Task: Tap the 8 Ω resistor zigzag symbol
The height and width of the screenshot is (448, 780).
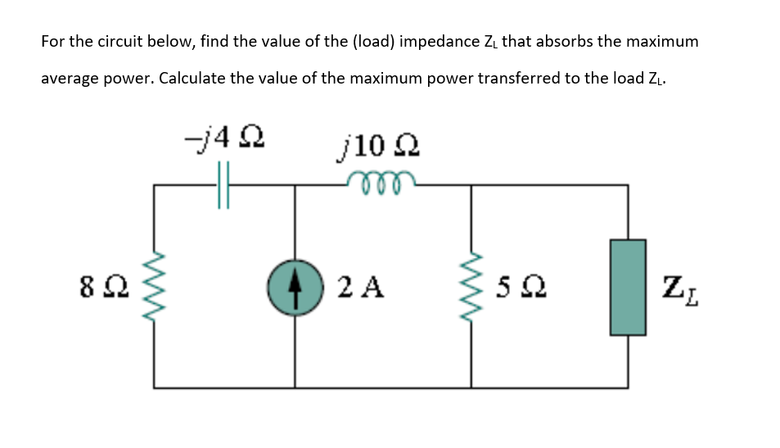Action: click(x=153, y=287)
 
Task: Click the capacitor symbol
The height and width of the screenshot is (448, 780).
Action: click(x=223, y=185)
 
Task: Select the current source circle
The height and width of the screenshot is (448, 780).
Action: click(x=295, y=286)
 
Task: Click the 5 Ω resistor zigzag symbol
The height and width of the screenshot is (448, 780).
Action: click(x=471, y=287)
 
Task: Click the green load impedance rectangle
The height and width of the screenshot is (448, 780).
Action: click(x=628, y=287)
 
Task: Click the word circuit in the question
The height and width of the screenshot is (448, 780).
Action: click(x=118, y=41)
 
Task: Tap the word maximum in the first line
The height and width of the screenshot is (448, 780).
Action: click(x=661, y=41)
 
